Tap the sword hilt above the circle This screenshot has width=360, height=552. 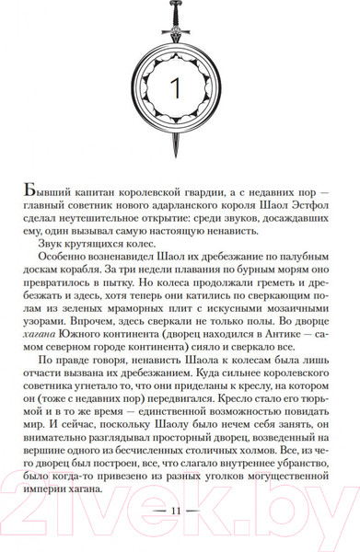(179, 15)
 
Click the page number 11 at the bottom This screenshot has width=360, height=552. (179, 535)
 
